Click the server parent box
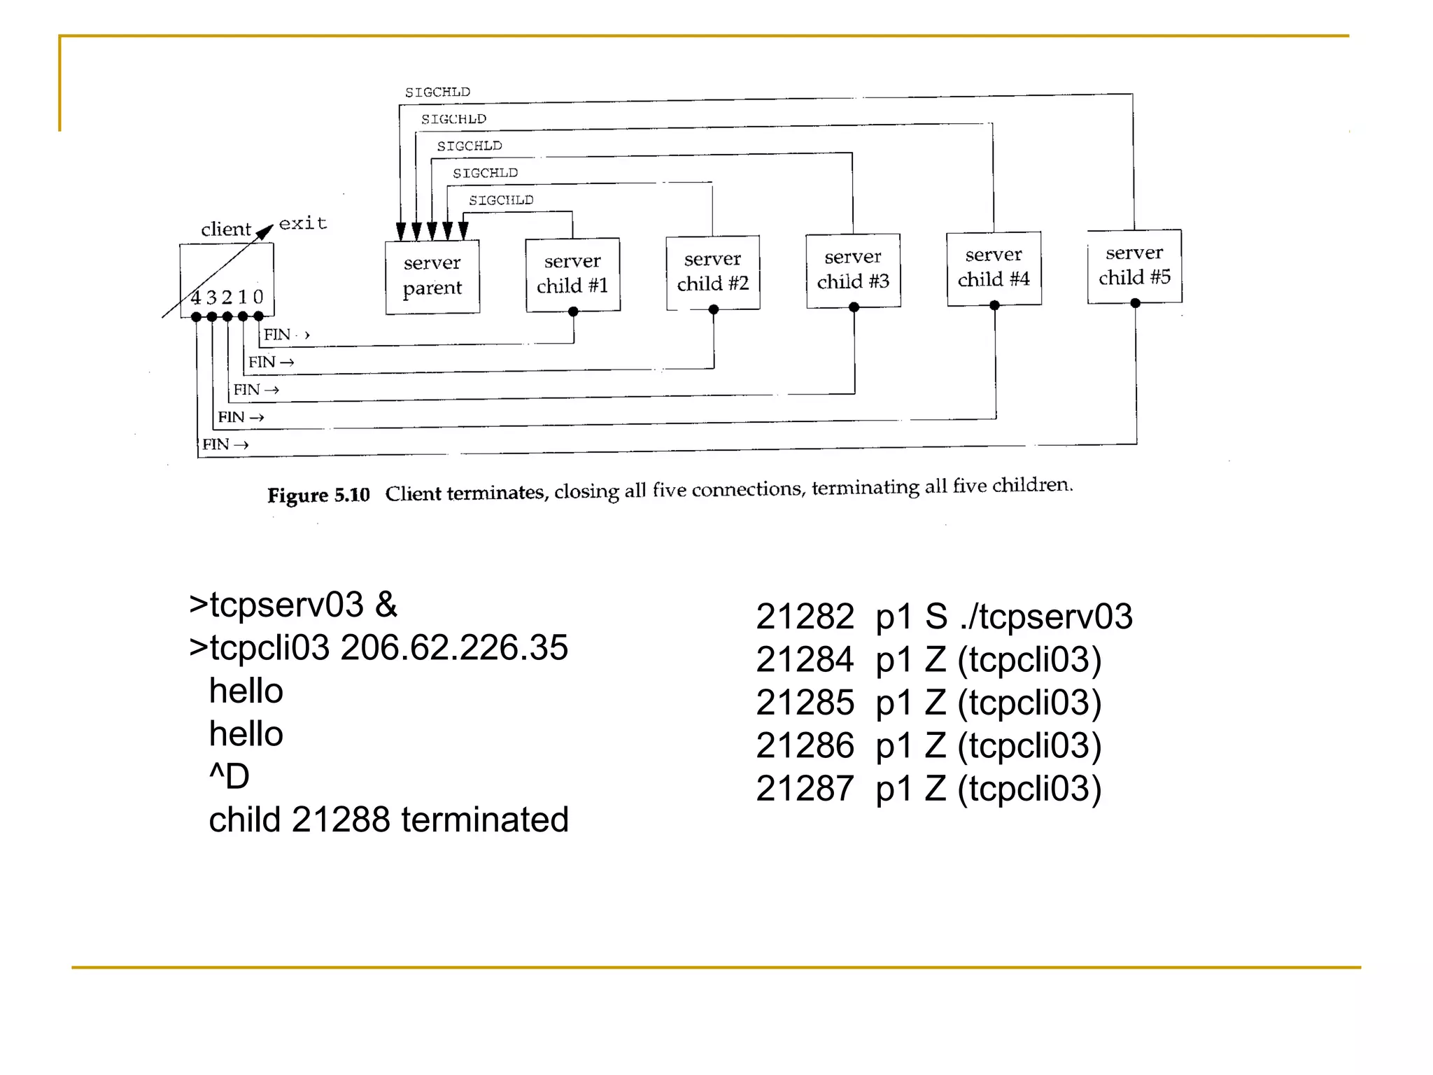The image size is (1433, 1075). [432, 276]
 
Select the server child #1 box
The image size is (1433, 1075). [572, 274]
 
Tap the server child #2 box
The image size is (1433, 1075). [713, 272]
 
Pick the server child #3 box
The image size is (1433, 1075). [853, 270]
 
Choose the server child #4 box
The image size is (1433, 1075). [994, 268]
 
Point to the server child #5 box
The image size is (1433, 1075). [1134, 266]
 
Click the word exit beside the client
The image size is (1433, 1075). [303, 223]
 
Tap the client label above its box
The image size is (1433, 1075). [225, 230]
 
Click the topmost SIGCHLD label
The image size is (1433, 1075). [437, 92]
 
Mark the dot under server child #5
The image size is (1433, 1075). [1136, 303]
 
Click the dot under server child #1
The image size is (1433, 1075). [573, 312]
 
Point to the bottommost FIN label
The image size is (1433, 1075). [216, 444]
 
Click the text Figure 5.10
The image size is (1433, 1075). [318, 496]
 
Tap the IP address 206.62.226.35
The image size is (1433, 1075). [454, 648]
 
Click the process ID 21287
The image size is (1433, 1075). [805, 789]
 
